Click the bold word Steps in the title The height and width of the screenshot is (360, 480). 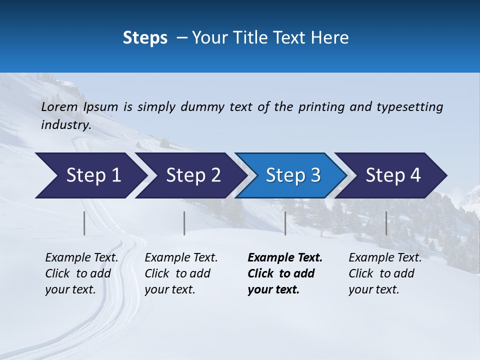coord(145,38)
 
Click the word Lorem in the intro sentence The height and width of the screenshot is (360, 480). coord(59,106)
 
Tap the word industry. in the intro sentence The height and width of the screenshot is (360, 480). coord(66,125)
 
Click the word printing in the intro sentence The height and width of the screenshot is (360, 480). coord(321,106)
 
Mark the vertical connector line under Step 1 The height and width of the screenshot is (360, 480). coord(84,223)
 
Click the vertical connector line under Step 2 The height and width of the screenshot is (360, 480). coord(184,223)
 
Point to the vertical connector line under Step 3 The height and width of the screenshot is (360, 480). coord(285,223)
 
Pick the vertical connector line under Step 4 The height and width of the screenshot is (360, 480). coord(386,223)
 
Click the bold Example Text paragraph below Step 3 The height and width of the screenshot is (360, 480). coord(284,273)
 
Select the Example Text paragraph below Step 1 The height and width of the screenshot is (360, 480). coord(81,273)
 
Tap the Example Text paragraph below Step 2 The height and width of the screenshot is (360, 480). coord(181,273)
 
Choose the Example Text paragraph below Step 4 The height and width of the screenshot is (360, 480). coord(385,273)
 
